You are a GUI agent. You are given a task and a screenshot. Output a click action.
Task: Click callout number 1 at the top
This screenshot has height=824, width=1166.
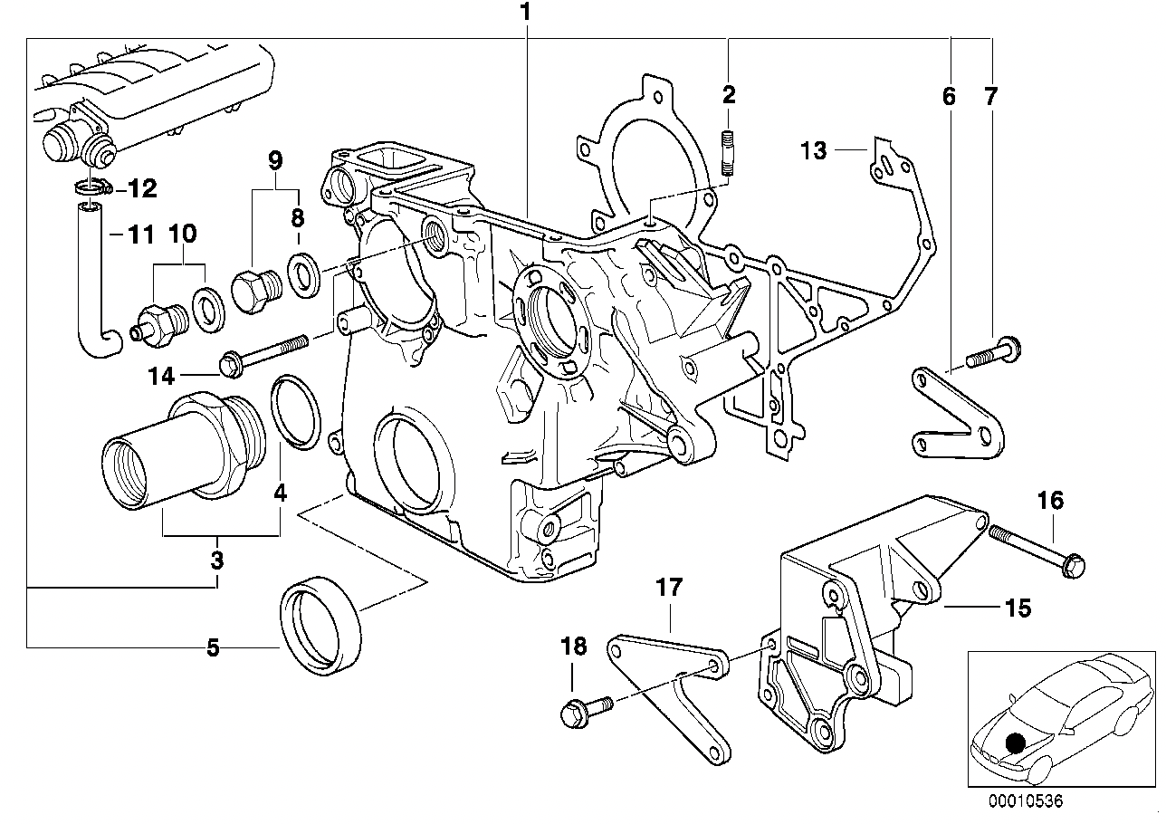[526, 13]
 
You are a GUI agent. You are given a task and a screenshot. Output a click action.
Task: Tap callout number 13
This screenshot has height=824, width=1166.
[814, 150]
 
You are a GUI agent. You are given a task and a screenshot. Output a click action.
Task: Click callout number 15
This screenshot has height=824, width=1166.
[1018, 608]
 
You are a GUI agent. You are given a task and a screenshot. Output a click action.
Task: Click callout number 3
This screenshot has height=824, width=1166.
[217, 561]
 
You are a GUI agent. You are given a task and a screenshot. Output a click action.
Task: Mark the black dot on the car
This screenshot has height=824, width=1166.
[1018, 743]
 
